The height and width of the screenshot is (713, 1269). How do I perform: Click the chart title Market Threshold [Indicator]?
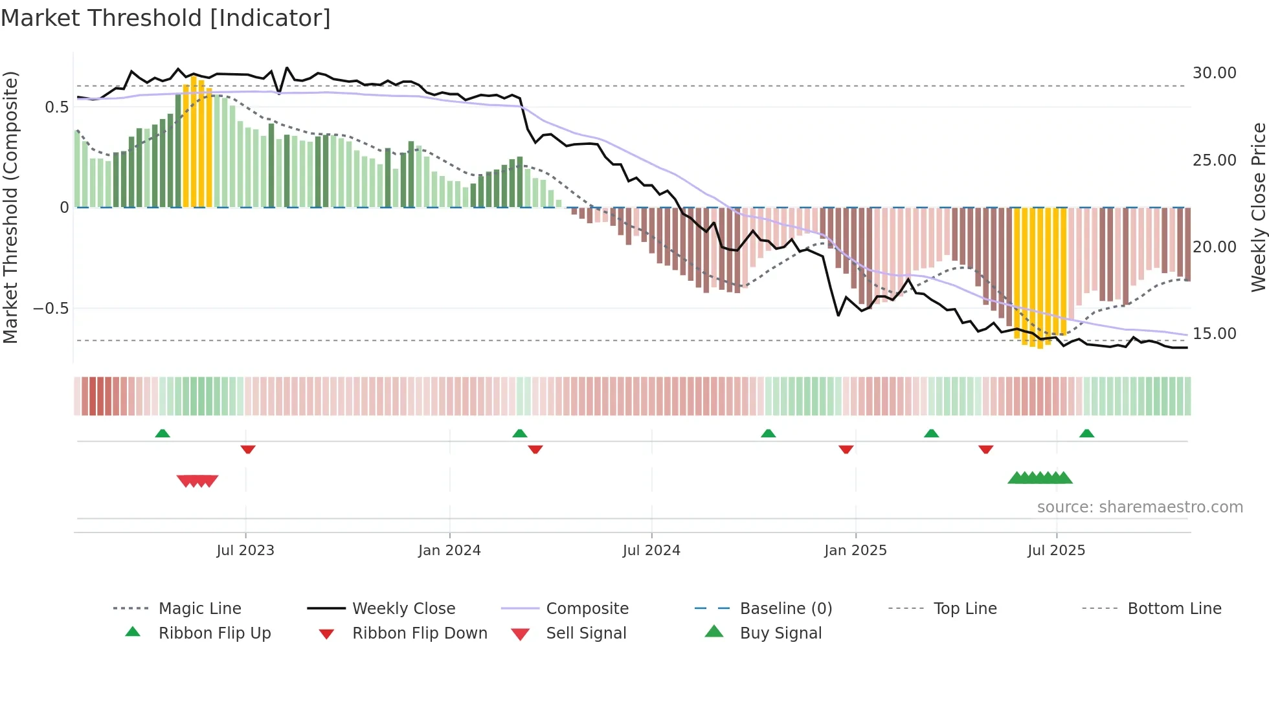(166, 18)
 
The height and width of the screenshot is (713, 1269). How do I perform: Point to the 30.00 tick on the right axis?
(1214, 73)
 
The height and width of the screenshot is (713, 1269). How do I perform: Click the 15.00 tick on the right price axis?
(1214, 334)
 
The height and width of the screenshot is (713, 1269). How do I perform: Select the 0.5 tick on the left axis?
(56, 107)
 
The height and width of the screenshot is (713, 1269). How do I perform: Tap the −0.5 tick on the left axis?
(51, 309)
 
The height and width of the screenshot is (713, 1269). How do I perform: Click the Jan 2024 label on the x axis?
(449, 551)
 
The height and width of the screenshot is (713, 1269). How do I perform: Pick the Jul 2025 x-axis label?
(1056, 551)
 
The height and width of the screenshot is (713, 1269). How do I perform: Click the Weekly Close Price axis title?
(1258, 207)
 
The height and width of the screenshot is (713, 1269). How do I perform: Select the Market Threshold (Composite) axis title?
(10, 207)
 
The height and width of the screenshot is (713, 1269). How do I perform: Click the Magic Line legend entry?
(199, 609)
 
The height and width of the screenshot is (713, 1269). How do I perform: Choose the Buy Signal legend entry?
(780, 633)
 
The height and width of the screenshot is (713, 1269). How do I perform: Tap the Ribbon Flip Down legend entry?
(419, 633)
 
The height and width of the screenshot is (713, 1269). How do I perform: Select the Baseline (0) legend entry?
(785, 609)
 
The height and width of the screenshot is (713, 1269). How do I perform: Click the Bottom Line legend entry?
(1174, 609)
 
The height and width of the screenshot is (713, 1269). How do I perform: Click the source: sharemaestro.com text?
(1140, 507)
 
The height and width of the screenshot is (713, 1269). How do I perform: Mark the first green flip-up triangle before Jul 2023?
(163, 433)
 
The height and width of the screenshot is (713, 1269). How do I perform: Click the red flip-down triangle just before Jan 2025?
(846, 449)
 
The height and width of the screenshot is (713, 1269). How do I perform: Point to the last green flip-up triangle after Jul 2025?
(1086, 433)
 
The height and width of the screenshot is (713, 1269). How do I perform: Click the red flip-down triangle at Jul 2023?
(248, 449)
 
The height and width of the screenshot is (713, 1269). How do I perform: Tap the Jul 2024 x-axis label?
(651, 551)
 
